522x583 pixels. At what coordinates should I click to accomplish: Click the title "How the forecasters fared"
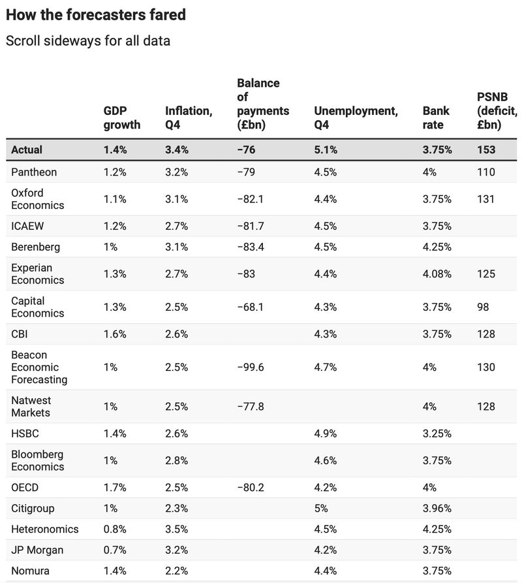(x=95, y=14)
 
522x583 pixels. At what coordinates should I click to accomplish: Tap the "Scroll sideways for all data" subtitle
(x=88, y=40)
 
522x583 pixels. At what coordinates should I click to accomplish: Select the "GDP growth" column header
(x=121, y=118)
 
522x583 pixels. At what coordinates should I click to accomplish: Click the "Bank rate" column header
(x=436, y=118)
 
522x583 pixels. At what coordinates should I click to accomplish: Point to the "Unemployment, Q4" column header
(x=356, y=118)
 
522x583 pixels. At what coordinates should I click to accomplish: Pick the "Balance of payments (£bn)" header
(x=262, y=104)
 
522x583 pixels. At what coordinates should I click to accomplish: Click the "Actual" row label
(x=27, y=150)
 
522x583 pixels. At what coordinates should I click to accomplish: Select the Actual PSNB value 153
(x=486, y=150)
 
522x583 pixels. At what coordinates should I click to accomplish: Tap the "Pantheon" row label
(x=34, y=172)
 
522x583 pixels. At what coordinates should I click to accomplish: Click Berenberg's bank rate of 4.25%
(x=437, y=247)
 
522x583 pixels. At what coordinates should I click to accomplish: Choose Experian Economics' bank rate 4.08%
(x=437, y=274)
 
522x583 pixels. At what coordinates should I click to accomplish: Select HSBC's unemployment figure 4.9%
(x=326, y=433)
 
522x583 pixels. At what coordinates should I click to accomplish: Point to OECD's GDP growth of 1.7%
(x=115, y=487)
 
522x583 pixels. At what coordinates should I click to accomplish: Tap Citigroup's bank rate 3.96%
(x=437, y=508)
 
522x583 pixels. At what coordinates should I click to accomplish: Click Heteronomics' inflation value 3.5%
(x=176, y=529)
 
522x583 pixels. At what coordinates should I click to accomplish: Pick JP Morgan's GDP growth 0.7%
(x=115, y=550)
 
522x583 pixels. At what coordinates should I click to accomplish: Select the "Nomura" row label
(x=30, y=571)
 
